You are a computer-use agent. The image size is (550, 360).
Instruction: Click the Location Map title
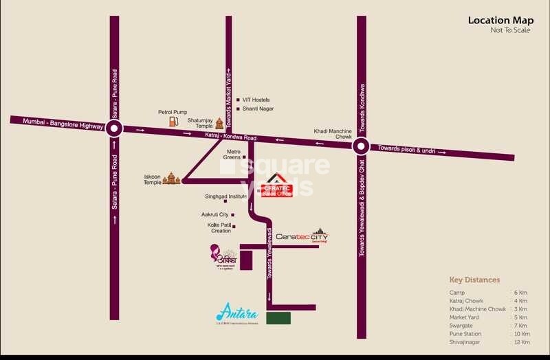click(x=498, y=20)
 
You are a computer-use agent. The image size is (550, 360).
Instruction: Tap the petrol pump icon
click(x=173, y=121)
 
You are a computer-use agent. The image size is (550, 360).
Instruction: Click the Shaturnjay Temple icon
click(x=219, y=123)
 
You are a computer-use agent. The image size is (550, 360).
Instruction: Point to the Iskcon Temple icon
click(x=172, y=179)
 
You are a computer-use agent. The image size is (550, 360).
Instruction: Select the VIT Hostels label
click(x=256, y=100)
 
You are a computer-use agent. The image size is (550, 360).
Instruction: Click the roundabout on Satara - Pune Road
click(x=114, y=127)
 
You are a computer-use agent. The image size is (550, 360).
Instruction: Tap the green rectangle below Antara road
click(x=278, y=318)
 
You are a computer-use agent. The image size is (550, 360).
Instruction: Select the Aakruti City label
click(x=214, y=215)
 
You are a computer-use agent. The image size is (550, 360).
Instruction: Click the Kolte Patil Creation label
click(x=221, y=227)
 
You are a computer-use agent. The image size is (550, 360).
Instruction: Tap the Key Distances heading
click(x=474, y=280)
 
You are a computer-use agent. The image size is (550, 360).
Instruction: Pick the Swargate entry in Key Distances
click(x=462, y=326)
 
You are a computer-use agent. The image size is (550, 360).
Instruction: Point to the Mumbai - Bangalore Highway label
click(x=63, y=124)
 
